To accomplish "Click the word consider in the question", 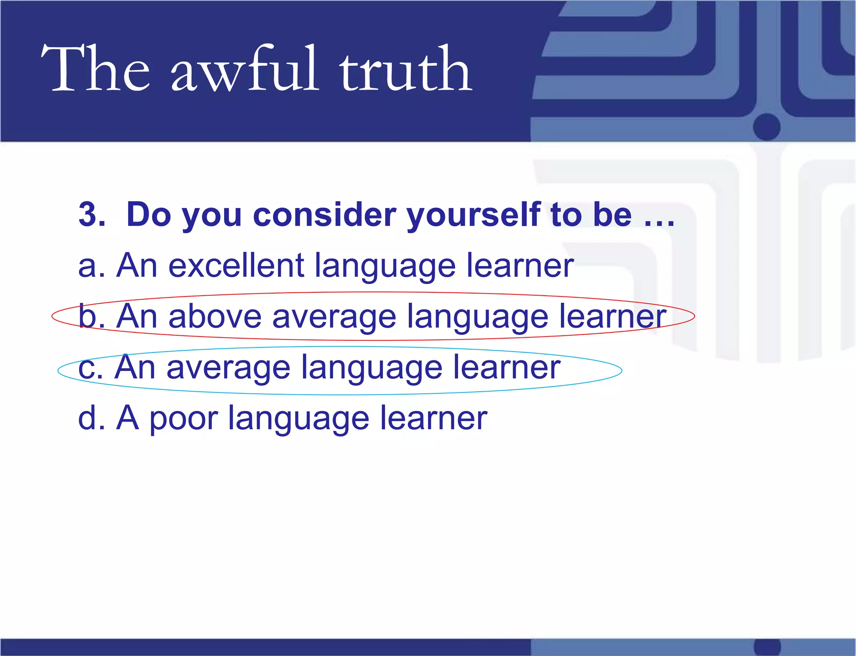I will [x=324, y=214].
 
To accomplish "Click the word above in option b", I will [x=215, y=317].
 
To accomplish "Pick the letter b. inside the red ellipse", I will [x=92, y=316].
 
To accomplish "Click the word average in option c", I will [x=228, y=368].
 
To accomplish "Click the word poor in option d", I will [x=184, y=419].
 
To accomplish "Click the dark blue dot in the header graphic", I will [x=767, y=127].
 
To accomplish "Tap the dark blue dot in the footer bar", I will [x=767, y=647].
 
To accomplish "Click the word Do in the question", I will [x=149, y=214].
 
